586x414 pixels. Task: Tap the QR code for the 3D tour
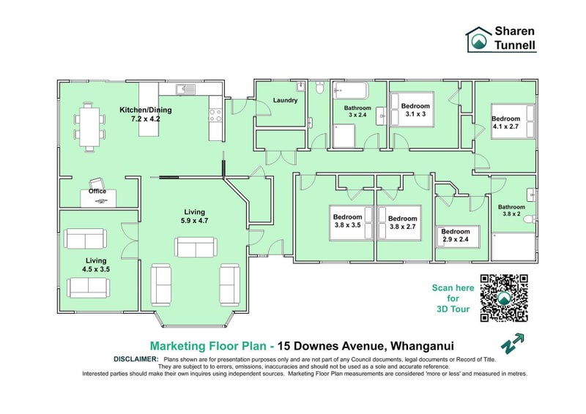[504, 298]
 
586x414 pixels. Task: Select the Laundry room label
[285, 100]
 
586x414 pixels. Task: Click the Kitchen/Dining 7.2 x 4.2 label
[146, 114]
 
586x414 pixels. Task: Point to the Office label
[97, 191]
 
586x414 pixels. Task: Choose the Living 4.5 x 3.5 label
[96, 264]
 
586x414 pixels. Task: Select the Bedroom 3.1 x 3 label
[415, 110]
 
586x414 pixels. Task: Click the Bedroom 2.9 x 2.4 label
[455, 235]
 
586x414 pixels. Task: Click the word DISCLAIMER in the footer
[136, 359]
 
